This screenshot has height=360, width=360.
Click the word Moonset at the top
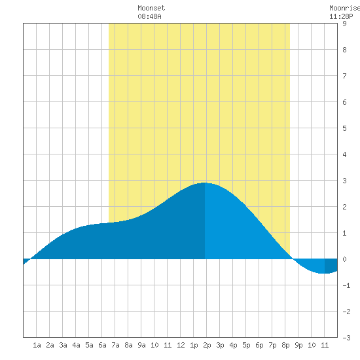click(x=151, y=8)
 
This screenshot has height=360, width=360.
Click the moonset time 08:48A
click(x=149, y=16)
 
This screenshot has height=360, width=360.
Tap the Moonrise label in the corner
click(x=344, y=8)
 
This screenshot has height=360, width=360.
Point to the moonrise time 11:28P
click(x=341, y=16)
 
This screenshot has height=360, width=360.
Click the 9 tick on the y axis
click(x=344, y=24)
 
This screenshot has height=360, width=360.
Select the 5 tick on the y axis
click(x=344, y=128)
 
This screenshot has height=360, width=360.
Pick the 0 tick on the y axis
click(x=344, y=259)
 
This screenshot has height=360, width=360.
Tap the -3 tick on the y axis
click(x=346, y=338)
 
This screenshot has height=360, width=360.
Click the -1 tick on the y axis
click(x=346, y=285)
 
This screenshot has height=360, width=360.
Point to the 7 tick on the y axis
click(x=344, y=76)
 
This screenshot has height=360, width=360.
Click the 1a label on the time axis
click(x=37, y=345)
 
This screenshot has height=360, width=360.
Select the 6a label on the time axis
click(x=102, y=345)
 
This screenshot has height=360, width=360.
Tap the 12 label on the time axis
click(x=181, y=345)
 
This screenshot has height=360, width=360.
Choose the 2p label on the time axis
click(x=207, y=345)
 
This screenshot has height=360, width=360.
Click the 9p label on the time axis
click(x=298, y=345)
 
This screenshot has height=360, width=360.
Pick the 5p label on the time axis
click(x=246, y=345)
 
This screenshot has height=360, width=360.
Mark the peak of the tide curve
click(x=204, y=183)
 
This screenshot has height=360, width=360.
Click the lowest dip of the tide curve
click(x=324, y=273)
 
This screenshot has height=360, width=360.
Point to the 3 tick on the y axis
click(x=344, y=181)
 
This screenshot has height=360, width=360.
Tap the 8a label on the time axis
click(x=128, y=345)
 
